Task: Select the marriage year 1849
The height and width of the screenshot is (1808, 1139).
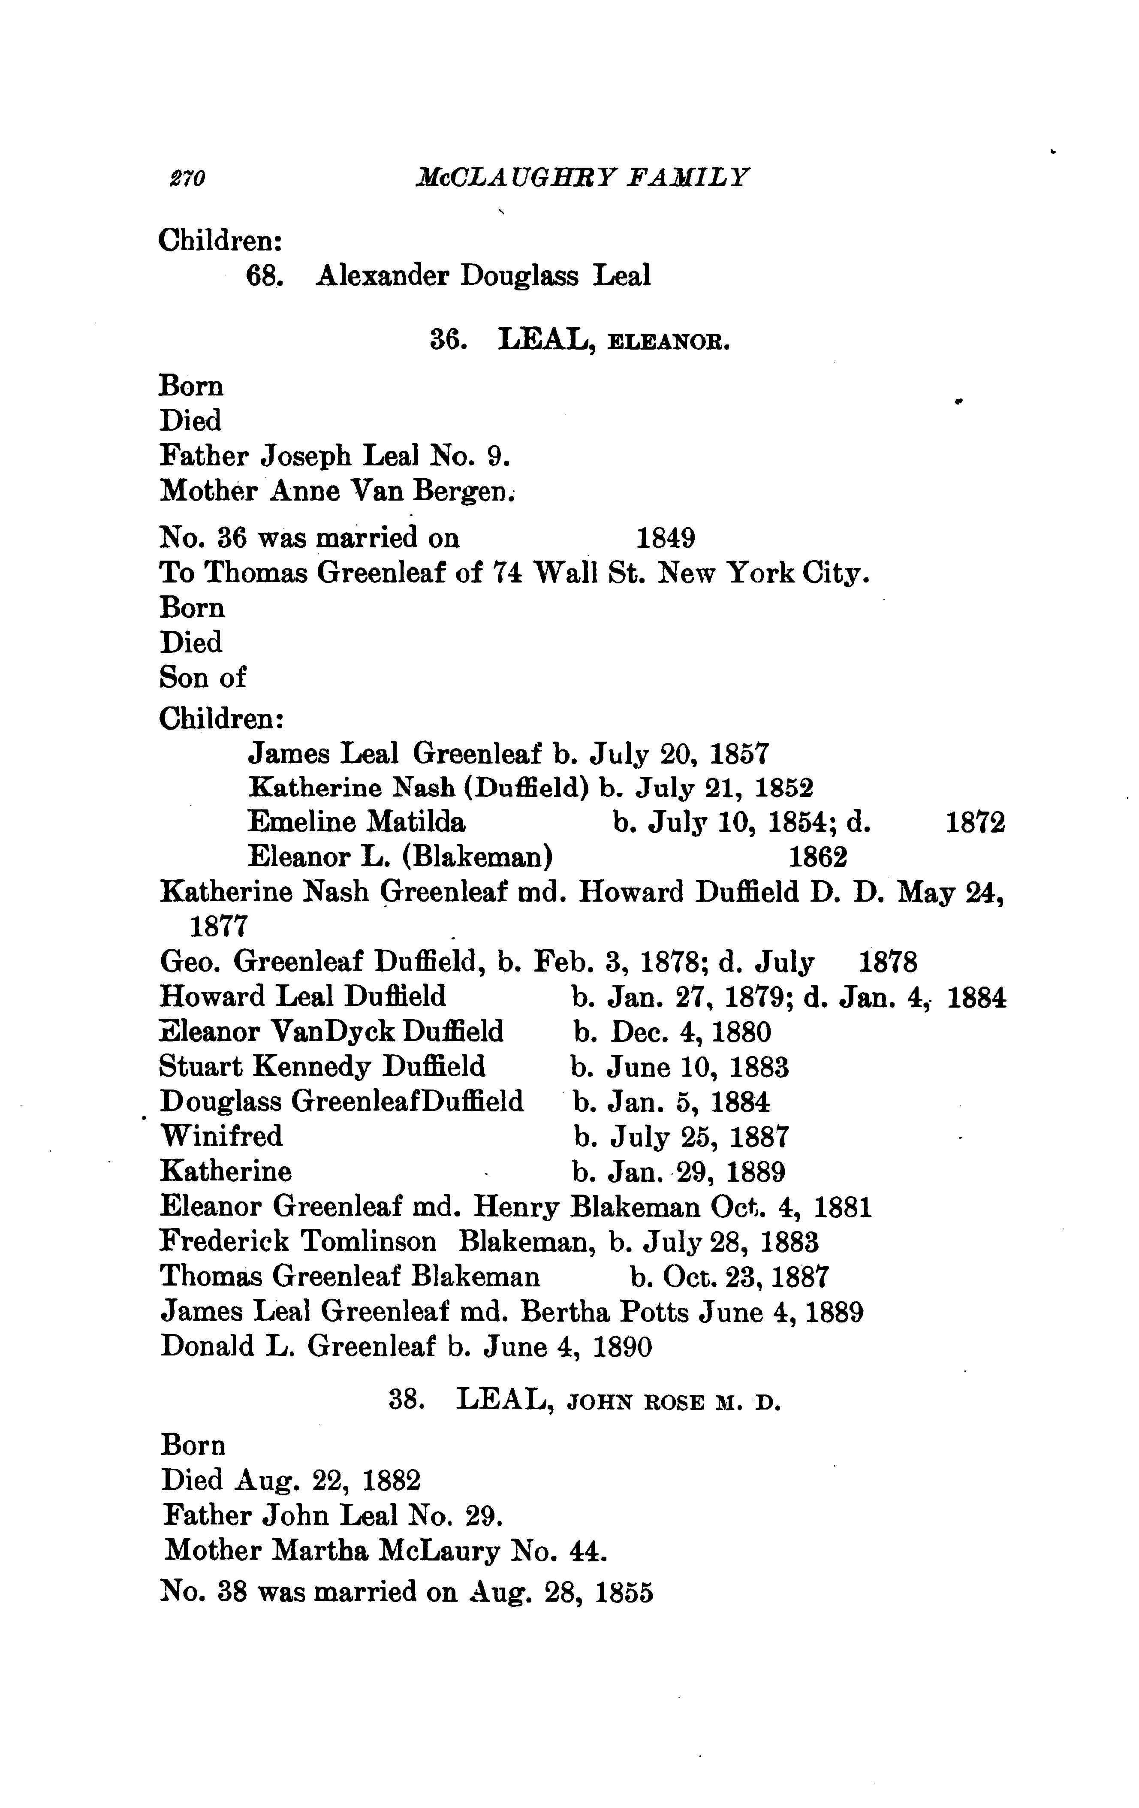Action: [665, 538]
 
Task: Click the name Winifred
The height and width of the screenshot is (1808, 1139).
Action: [221, 1136]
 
